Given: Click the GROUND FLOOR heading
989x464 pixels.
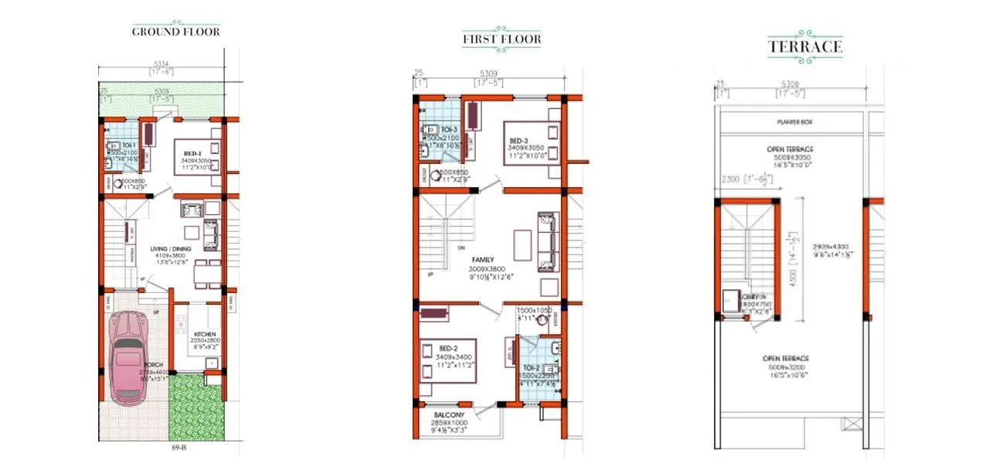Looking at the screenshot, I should [176, 32].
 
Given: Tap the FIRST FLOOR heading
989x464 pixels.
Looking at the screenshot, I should [501, 39].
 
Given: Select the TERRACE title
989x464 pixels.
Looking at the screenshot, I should [804, 46].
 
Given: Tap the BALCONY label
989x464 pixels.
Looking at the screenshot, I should [448, 415].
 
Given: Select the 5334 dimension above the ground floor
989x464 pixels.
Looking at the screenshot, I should [161, 64].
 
